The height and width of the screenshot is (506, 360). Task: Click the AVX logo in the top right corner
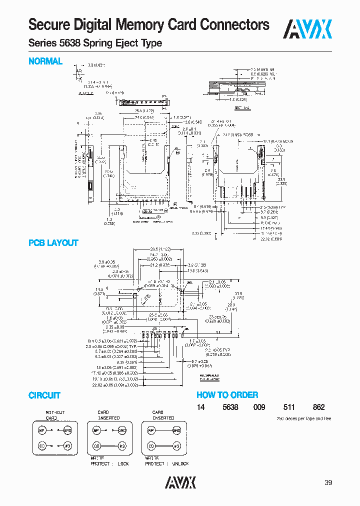point(308,29)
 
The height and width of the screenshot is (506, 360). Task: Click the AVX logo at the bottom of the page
point(180,482)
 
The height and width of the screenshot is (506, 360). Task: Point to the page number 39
point(328,482)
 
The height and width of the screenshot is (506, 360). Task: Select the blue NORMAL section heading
point(45,61)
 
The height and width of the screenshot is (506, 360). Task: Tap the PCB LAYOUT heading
point(53,243)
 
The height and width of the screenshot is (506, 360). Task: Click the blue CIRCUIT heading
point(44,395)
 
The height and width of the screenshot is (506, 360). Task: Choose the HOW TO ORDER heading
point(227,395)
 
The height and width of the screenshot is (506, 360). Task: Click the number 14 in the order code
point(200,407)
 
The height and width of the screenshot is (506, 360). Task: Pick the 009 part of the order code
point(260,407)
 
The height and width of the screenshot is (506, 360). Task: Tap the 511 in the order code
point(290,407)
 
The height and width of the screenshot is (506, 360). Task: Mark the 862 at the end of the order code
point(318,407)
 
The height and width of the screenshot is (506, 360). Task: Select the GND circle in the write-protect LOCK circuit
point(122,430)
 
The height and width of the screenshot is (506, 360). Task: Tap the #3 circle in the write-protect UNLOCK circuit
point(176,445)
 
